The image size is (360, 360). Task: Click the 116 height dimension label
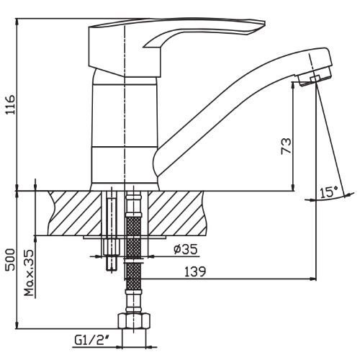click(x=11, y=104)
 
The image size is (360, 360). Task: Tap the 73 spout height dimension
click(x=286, y=146)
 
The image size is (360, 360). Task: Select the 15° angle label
click(x=328, y=192)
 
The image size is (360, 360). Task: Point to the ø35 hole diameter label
click(x=186, y=249)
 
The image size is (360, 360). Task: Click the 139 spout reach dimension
click(x=195, y=271)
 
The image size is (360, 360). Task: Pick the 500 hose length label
click(x=11, y=259)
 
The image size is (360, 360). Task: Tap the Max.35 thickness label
click(x=29, y=273)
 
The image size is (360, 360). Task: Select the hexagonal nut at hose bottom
click(x=134, y=321)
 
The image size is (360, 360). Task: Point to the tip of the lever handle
click(x=264, y=23)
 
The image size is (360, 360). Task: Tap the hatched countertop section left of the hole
click(x=75, y=213)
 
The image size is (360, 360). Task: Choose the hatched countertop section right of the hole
click(x=177, y=213)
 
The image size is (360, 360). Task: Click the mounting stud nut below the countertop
click(x=112, y=247)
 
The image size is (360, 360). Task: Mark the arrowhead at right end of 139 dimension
click(x=313, y=279)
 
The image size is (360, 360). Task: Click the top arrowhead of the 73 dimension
click(x=293, y=85)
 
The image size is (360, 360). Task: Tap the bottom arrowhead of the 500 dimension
click(x=17, y=325)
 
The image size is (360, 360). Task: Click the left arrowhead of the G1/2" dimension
click(x=119, y=347)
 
